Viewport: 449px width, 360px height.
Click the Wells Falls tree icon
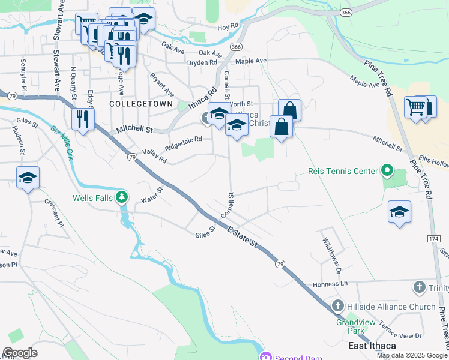(122, 197)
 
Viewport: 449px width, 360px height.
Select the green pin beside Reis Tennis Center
(387, 172)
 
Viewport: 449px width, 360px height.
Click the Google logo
(20, 353)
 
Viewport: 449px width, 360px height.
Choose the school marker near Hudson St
(28, 178)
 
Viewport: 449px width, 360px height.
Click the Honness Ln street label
(327, 283)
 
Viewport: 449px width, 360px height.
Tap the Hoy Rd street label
(228, 27)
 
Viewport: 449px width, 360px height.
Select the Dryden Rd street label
(202, 62)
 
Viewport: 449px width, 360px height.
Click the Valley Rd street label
(154, 156)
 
